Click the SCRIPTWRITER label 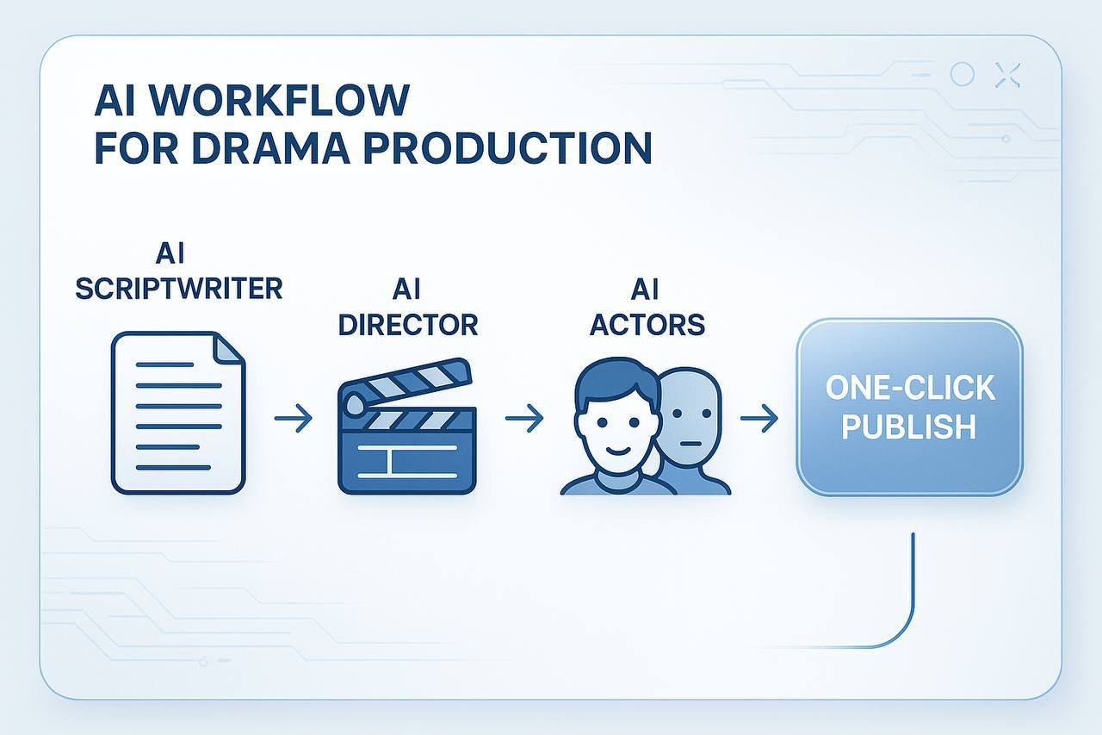178,288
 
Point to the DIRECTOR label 408,324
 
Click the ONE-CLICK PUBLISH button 910,407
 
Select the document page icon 177,414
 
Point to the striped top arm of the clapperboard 413,382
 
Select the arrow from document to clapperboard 294,420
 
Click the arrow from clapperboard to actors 523,420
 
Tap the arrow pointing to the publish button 758,420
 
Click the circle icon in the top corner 962,75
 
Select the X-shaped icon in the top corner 1006,75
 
